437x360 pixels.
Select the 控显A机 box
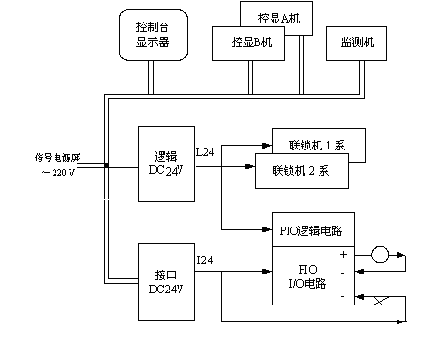click(x=277, y=19)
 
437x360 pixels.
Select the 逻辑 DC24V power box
click(x=165, y=163)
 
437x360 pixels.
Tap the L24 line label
click(x=205, y=150)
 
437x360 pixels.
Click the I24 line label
click(x=205, y=259)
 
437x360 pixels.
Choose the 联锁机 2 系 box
click(x=301, y=170)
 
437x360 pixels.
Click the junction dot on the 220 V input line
click(x=106, y=167)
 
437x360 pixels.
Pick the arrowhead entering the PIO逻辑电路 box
click(x=267, y=228)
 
